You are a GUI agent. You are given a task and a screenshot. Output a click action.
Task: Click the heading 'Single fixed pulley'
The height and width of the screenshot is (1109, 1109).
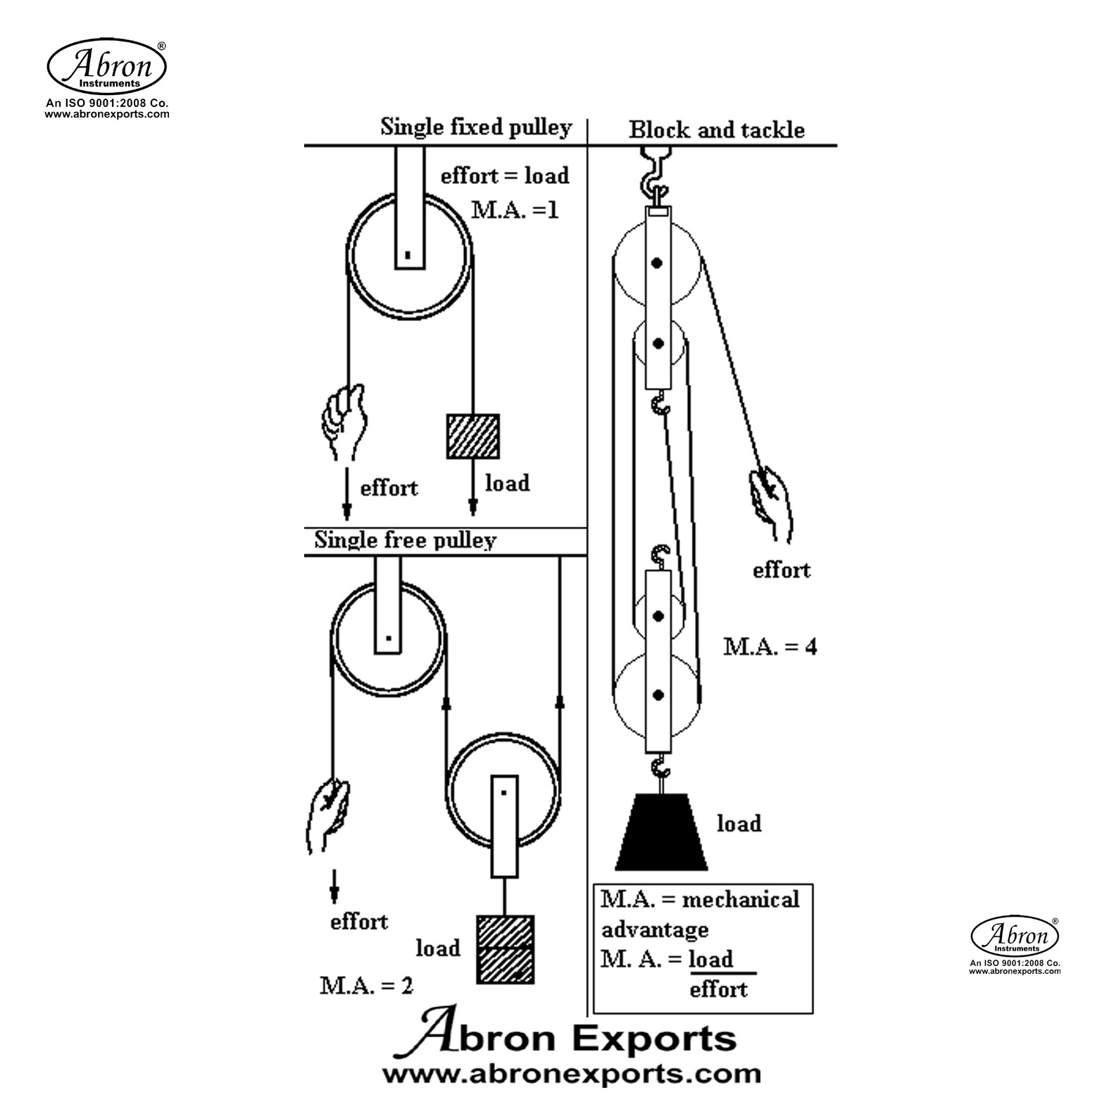(x=476, y=127)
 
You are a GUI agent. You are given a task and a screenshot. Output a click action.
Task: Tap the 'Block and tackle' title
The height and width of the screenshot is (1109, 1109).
(x=716, y=130)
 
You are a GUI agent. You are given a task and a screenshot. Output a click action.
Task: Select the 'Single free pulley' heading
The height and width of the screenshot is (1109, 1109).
(x=405, y=540)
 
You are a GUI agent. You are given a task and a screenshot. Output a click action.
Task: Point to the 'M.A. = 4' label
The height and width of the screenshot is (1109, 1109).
(x=770, y=646)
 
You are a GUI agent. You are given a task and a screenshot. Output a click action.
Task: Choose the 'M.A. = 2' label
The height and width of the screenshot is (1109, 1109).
(x=366, y=985)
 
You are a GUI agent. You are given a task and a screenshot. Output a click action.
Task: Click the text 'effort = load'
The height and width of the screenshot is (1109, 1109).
(x=505, y=175)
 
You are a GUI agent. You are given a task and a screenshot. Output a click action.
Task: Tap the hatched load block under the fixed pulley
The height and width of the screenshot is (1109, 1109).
(x=473, y=436)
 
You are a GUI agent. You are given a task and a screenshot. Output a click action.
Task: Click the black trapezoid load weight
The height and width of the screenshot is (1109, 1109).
(x=661, y=832)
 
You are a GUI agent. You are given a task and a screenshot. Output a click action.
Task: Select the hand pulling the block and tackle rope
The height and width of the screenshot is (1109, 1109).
(x=772, y=499)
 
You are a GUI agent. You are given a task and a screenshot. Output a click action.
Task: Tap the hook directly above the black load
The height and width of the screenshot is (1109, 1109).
(x=660, y=767)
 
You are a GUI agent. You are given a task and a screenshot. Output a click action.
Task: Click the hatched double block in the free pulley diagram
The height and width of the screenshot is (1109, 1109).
(x=505, y=948)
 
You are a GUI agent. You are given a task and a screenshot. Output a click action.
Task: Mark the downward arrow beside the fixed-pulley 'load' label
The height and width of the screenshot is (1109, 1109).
(x=473, y=496)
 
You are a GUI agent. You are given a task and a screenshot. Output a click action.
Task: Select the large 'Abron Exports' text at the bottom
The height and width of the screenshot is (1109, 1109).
(x=576, y=1039)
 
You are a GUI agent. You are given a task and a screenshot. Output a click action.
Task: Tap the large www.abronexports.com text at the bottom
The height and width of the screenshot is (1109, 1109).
(x=571, y=1074)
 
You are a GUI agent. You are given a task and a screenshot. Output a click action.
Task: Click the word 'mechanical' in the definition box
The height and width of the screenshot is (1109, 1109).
(x=741, y=899)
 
